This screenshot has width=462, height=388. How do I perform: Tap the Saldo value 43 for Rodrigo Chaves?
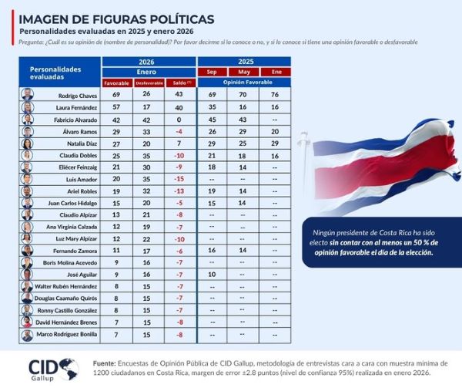[x=178, y=94]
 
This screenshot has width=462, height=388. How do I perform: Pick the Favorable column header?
[x=117, y=83]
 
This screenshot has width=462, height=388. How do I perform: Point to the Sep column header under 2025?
[x=212, y=72]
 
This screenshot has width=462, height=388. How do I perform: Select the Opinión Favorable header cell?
[x=243, y=82]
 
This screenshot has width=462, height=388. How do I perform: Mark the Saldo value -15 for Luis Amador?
[x=178, y=179]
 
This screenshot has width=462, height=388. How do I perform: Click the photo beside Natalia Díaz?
[x=28, y=143]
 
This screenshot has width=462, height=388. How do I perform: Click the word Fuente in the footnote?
[x=104, y=363]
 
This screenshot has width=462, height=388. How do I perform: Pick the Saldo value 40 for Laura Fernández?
[x=178, y=106]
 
